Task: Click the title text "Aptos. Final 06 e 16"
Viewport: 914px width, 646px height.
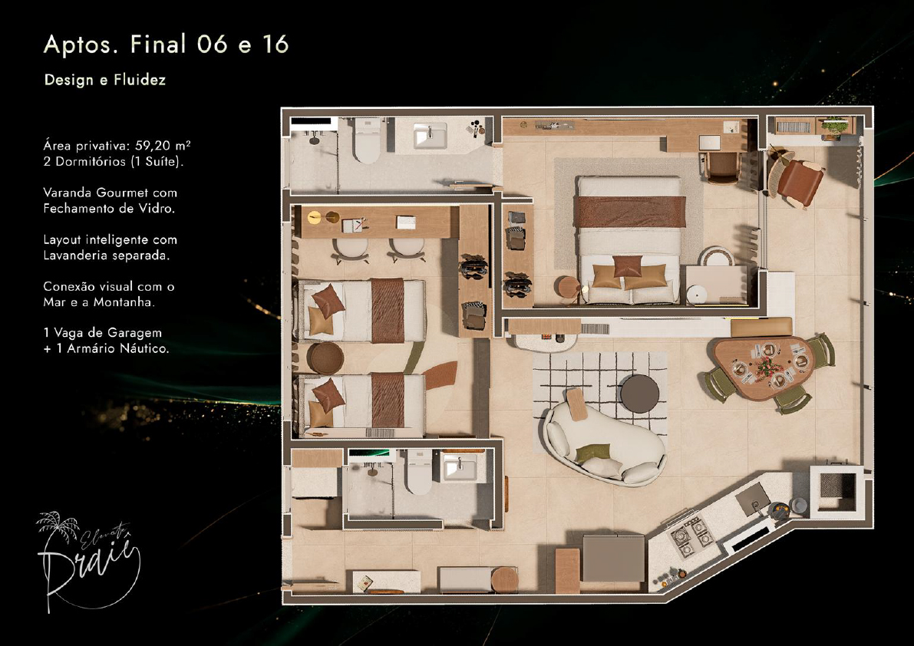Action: (x=166, y=44)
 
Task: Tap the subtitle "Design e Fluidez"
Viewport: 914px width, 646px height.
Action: (x=105, y=80)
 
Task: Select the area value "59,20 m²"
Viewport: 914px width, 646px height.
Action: (x=163, y=145)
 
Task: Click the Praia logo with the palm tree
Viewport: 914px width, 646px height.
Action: (x=89, y=560)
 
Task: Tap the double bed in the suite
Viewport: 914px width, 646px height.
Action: (x=629, y=239)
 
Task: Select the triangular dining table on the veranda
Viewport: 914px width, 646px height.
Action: (x=763, y=367)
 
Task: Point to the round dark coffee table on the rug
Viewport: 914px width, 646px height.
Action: (x=639, y=394)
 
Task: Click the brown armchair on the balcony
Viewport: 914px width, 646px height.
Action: (x=797, y=178)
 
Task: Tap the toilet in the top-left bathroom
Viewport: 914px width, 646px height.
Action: (x=368, y=140)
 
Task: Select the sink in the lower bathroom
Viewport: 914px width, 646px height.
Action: (x=460, y=466)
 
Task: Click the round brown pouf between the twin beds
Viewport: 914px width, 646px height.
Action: (x=325, y=358)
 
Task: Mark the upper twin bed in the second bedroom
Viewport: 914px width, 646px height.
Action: (x=361, y=311)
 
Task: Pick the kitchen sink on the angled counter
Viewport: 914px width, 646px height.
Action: (x=754, y=499)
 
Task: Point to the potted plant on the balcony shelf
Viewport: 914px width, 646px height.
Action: (x=834, y=127)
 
